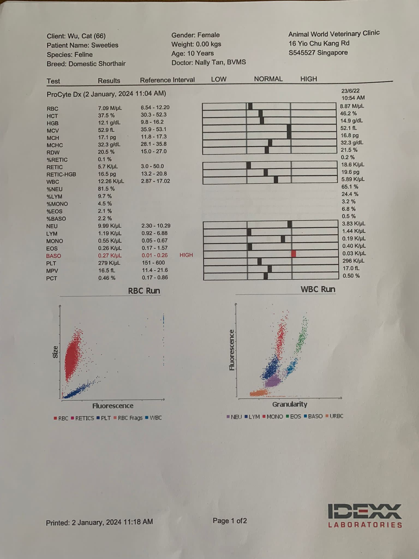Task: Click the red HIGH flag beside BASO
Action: tap(186, 255)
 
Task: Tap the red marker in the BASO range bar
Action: tap(294, 254)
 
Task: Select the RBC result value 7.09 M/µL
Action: tap(110, 108)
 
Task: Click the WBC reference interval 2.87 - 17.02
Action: tap(155, 181)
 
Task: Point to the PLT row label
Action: tap(51, 263)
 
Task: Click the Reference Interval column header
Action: tap(167, 80)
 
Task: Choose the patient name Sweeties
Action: tap(105, 45)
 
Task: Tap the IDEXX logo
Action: tap(365, 515)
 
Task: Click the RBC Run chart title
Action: tap(144, 291)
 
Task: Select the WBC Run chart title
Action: tap(318, 289)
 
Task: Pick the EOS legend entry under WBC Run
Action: tap(294, 417)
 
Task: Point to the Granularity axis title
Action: tap(290, 404)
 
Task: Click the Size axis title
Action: tap(55, 352)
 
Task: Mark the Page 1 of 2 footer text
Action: tap(230, 521)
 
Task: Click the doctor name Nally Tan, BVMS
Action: tap(220, 62)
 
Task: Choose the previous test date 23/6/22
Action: tap(350, 91)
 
